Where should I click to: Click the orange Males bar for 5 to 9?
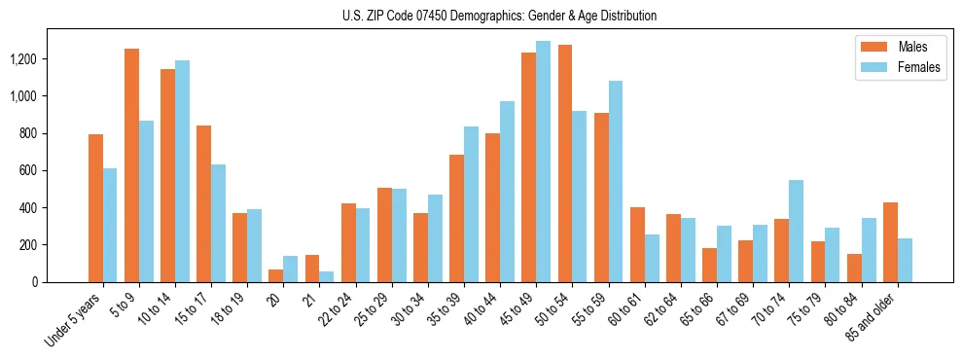pyautogui.click(x=131, y=165)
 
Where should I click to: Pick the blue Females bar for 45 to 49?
pyautogui.click(x=543, y=162)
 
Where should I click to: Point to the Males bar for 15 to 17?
pyautogui.click(x=203, y=204)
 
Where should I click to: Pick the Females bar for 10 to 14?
pyautogui.click(x=182, y=171)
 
